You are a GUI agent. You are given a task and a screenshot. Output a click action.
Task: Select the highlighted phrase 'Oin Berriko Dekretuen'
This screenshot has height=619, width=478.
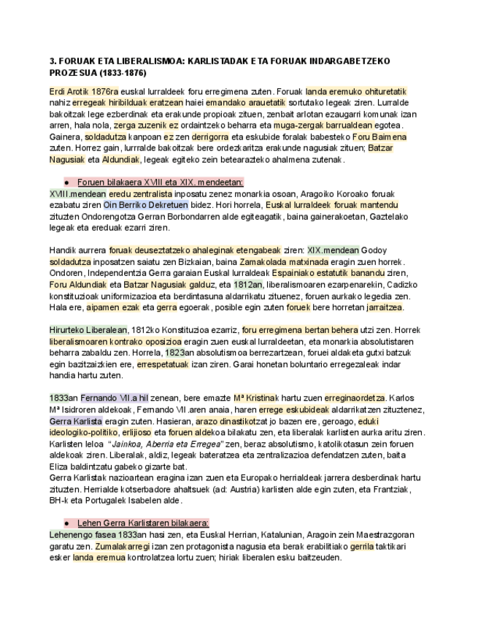(x=146, y=205)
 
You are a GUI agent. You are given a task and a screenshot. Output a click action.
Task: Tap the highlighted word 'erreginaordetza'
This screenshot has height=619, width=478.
(x=355, y=398)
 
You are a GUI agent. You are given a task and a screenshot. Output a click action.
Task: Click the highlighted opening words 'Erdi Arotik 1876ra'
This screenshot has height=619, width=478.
(x=83, y=91)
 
